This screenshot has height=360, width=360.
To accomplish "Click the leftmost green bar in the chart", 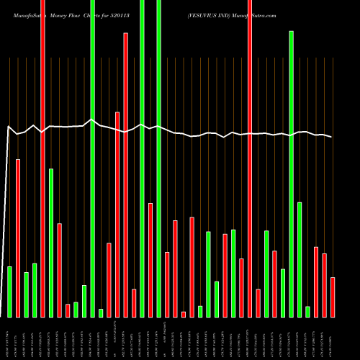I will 9,292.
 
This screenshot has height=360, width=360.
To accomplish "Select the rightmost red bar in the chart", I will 333,297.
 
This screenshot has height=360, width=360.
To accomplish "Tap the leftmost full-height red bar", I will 43,158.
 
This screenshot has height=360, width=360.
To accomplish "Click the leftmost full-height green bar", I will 93,158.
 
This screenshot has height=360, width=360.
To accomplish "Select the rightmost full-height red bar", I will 250,158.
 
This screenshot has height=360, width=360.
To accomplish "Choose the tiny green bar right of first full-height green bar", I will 101,312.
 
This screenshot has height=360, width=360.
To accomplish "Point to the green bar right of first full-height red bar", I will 51,243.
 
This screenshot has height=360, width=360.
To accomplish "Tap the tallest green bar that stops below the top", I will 292,174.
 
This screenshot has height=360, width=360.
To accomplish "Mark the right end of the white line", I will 332,137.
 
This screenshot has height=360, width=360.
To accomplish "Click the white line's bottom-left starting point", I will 1,315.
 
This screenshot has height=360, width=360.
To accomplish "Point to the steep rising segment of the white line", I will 5,216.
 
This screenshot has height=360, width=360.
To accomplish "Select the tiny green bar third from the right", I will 307,311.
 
